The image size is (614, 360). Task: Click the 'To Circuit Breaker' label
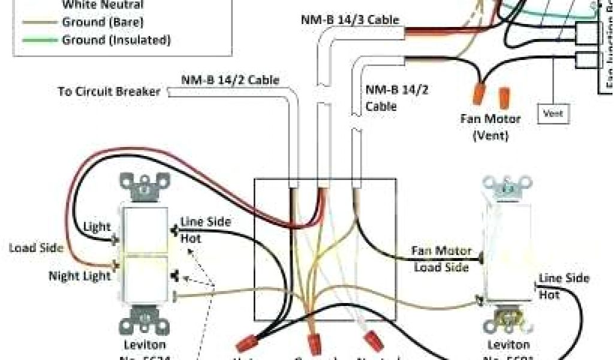pyautogui.click(x=109, y=92)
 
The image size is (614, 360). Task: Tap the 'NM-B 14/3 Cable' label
pyautogui.click(x=350, y=19)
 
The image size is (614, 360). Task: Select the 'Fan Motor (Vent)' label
pyautogui.click(x=490, y=127)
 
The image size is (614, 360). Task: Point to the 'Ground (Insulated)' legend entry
pyautogui.click(x=116, y=40)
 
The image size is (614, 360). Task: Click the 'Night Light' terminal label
pyautogui.click(x=80, y=276)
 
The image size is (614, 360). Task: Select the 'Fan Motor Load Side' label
pyautogui.click(x=442, y=259)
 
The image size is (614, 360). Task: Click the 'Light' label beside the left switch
pyautogui.click(x=97, y=227)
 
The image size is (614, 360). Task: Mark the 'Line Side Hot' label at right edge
pyautogui.click(x=564, y=286)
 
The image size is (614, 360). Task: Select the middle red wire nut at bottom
pyautogui.click(x=314, y=344)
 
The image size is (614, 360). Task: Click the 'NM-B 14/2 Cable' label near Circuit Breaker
pyautogui.click(x=230, y=79)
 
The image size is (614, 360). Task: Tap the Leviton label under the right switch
pyautogui.click(x=508, y=345)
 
